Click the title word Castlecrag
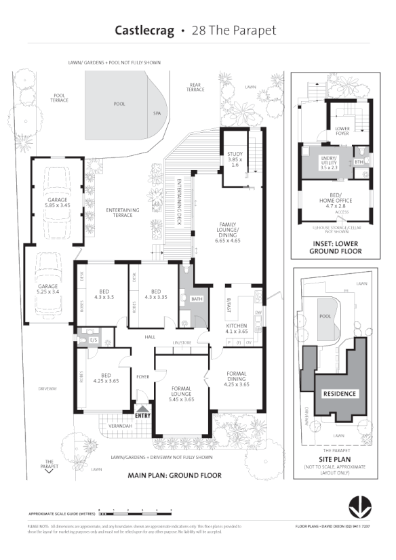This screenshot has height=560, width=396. pos(144,31)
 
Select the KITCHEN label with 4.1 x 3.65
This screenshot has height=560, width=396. pos(235,329)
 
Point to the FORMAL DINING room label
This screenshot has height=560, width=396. pos(236,378)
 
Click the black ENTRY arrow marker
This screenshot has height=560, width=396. pos(142,409)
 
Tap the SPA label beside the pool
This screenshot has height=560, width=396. pos(156,114)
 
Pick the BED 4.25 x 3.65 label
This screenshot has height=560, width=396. pos(105,378)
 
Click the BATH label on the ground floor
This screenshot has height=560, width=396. pos(197,298)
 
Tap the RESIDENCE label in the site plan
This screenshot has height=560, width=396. pos(339,393)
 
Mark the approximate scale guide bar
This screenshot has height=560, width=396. pos(135,514)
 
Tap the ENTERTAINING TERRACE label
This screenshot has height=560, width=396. pos(123,212)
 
